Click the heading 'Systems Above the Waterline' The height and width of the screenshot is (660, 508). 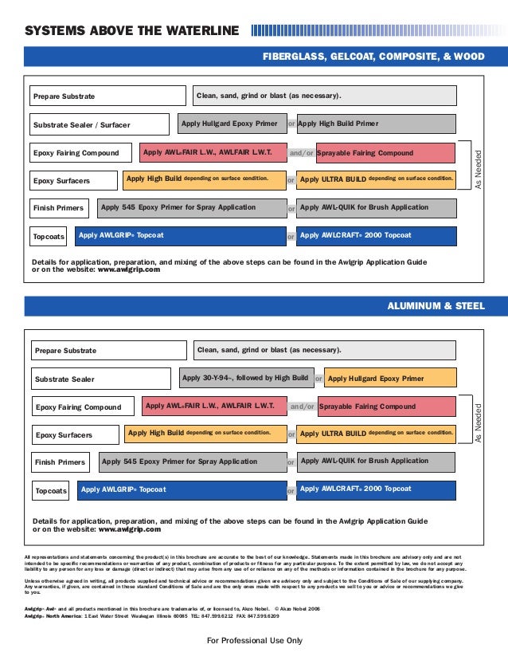click(x=131, y=32)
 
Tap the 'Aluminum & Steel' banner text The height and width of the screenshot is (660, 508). click(x=435, y=306)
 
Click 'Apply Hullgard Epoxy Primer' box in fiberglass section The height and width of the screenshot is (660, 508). click(x=229, y=124)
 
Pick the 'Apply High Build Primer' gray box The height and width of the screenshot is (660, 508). click(x=376, y=124)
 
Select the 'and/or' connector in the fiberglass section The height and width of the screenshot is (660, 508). click(x=300, y=153)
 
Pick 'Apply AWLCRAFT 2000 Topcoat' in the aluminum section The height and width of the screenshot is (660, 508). click(x=377, y=489)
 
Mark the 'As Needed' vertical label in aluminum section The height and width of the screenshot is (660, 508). click(x=479, y=423)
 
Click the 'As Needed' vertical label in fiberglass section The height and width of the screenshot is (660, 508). click(x=478, y=168)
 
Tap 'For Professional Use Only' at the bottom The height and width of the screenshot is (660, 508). click(x=254, y=641)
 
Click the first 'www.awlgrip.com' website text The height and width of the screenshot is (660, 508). click(x=128, y=270)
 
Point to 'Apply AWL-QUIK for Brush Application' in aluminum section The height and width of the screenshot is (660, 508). click(x=377, y=462)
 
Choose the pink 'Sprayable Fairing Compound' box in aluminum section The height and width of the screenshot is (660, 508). click(x=387, y=407)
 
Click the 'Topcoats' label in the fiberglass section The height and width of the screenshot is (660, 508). click(x=49, y=238)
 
